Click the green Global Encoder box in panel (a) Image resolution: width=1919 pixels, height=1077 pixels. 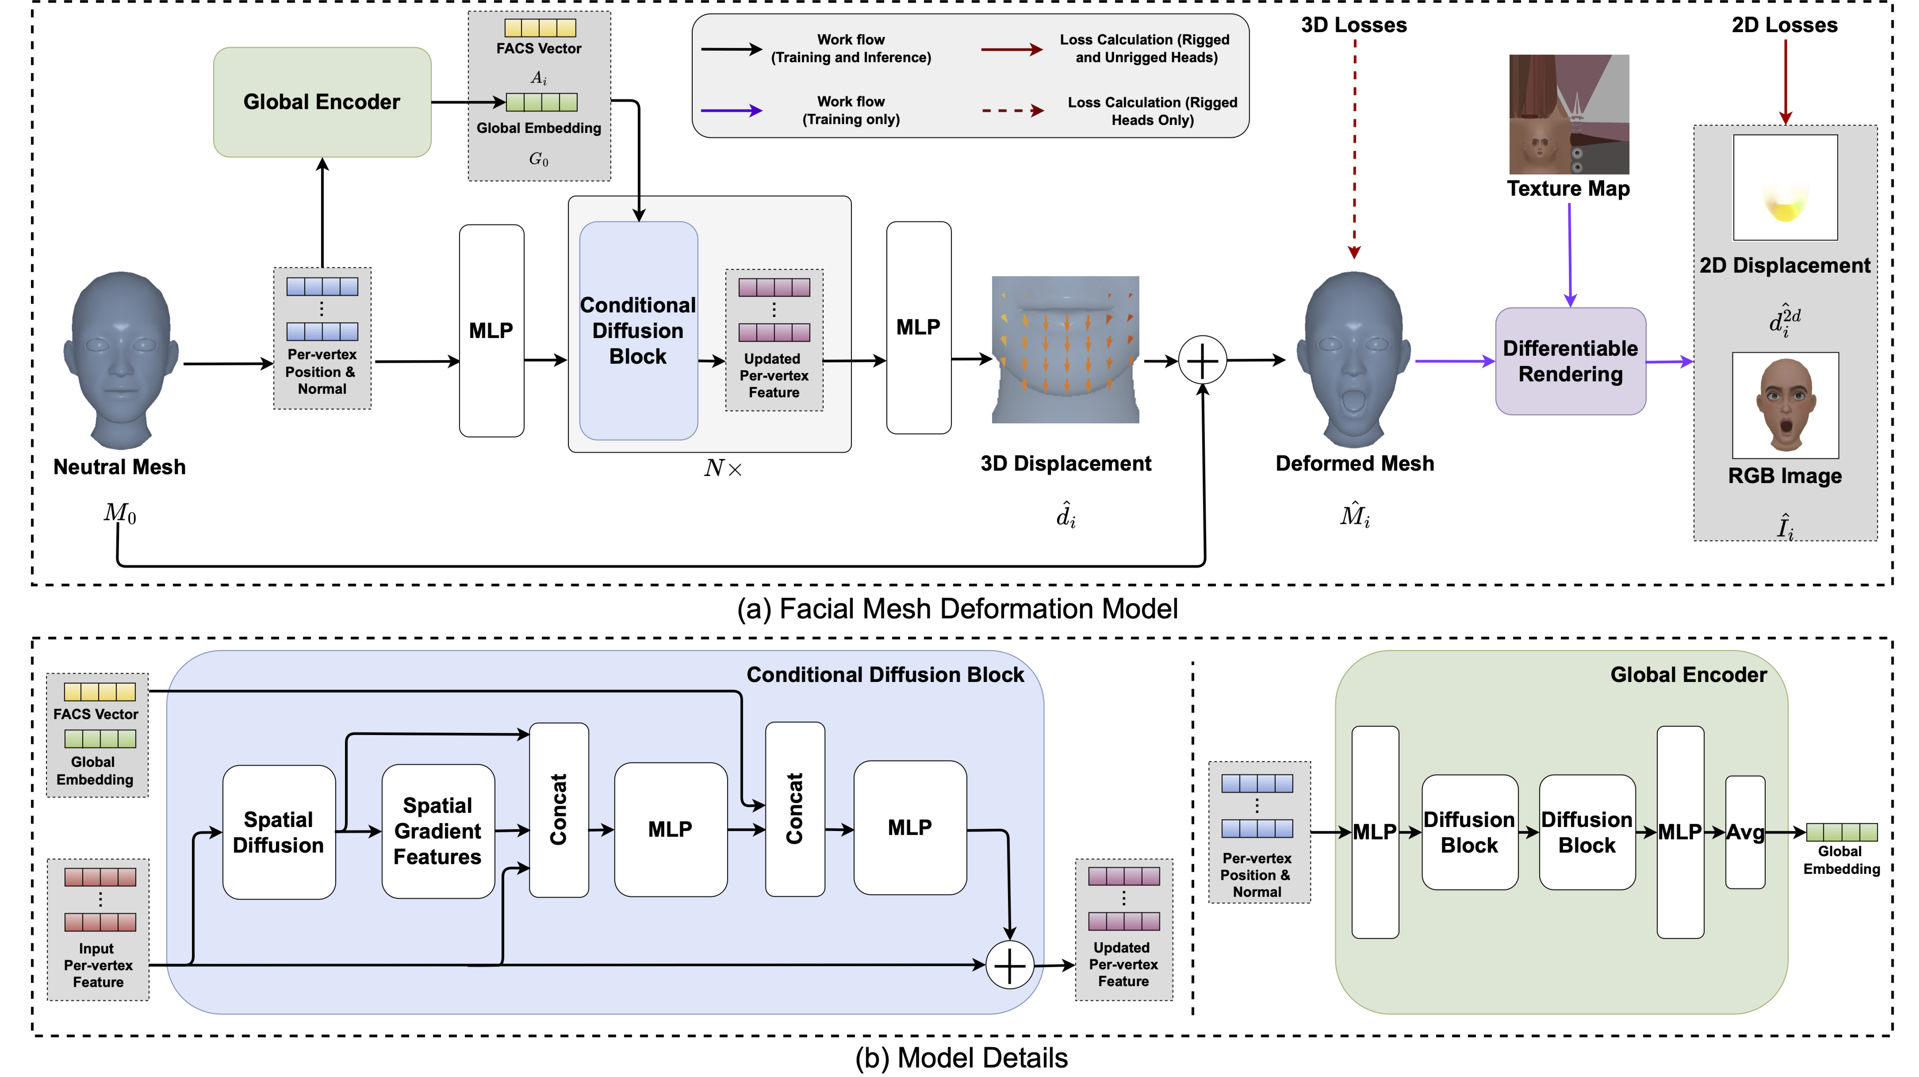tap(322, 102)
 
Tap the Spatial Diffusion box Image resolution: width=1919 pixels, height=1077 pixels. tap(279, 832)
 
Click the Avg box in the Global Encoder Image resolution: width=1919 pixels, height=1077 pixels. tap(1745, 832)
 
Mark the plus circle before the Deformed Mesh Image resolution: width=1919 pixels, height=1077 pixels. tap(1202, 361)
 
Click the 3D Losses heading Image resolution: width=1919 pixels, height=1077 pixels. tap(1354, 25)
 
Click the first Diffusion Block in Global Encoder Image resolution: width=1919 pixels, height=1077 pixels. tap(1469, 832)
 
